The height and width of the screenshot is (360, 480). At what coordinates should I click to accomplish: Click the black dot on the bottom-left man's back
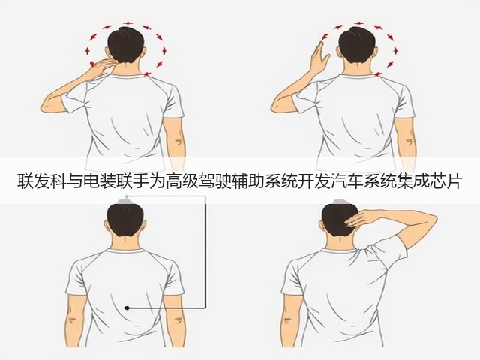(x=127, y=307)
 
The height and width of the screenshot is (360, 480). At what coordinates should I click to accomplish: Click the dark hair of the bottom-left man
(x=125, y=219)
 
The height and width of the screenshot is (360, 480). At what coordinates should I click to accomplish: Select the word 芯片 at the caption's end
(x=444, y=181)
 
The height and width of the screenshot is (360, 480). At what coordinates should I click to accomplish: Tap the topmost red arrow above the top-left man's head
(x=128, y=23)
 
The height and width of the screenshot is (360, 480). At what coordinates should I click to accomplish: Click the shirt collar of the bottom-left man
(x=125, y=250)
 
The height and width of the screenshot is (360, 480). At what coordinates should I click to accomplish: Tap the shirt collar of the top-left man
(x=126, y=75)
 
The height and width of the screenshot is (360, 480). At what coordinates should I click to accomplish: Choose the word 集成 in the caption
(x=411, y=181)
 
